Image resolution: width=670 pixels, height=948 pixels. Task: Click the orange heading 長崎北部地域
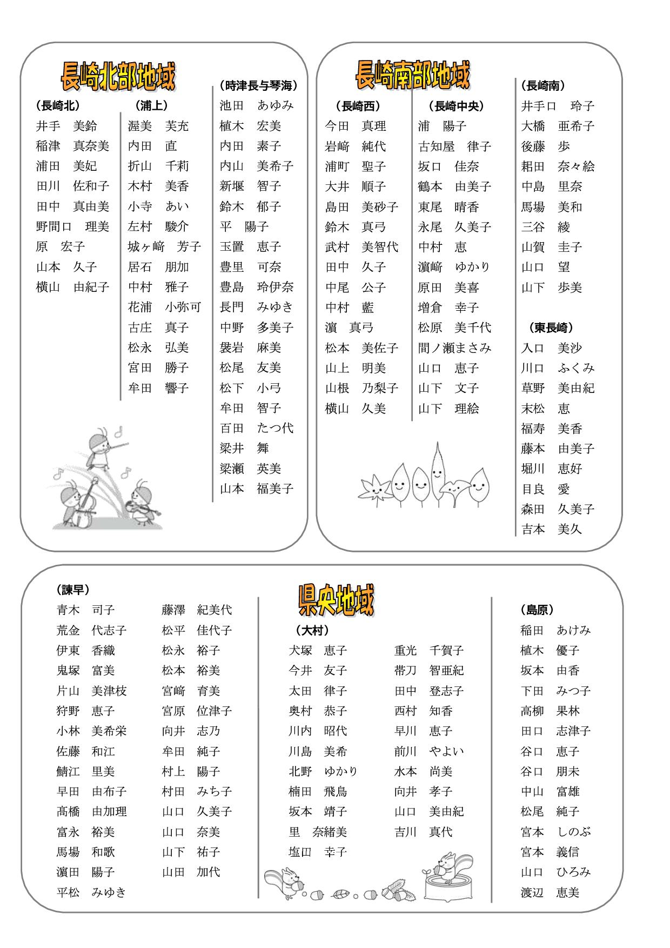(x=118, y=76)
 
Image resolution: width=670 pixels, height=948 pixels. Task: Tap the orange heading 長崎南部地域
(x=413, y=75)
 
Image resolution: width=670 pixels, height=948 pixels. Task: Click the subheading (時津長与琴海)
(x=259, y=85)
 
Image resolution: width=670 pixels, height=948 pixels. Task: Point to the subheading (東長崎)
(x=550, y=328)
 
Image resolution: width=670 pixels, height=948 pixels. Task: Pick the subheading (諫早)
(x=73, y=589)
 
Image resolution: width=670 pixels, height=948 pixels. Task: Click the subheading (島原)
(x=537, y=610)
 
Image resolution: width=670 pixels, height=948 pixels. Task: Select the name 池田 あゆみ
(x=257, y=105)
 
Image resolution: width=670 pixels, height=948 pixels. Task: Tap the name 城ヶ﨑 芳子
(x=164, y=247)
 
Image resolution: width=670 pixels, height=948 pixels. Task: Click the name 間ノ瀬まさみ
(x=454, y=348)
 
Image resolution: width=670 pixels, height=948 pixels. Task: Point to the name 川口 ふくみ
(x=557, y=368)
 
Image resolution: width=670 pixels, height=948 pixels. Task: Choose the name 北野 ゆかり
(x=323, y=771)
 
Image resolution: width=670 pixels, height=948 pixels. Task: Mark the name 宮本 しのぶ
(x=555, y=832)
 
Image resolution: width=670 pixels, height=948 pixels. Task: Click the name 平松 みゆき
(x=91, y=892)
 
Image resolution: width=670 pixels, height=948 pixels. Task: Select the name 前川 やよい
(x=429, y=751)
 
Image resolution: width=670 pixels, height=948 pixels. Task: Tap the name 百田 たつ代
(x=257, y=428)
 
